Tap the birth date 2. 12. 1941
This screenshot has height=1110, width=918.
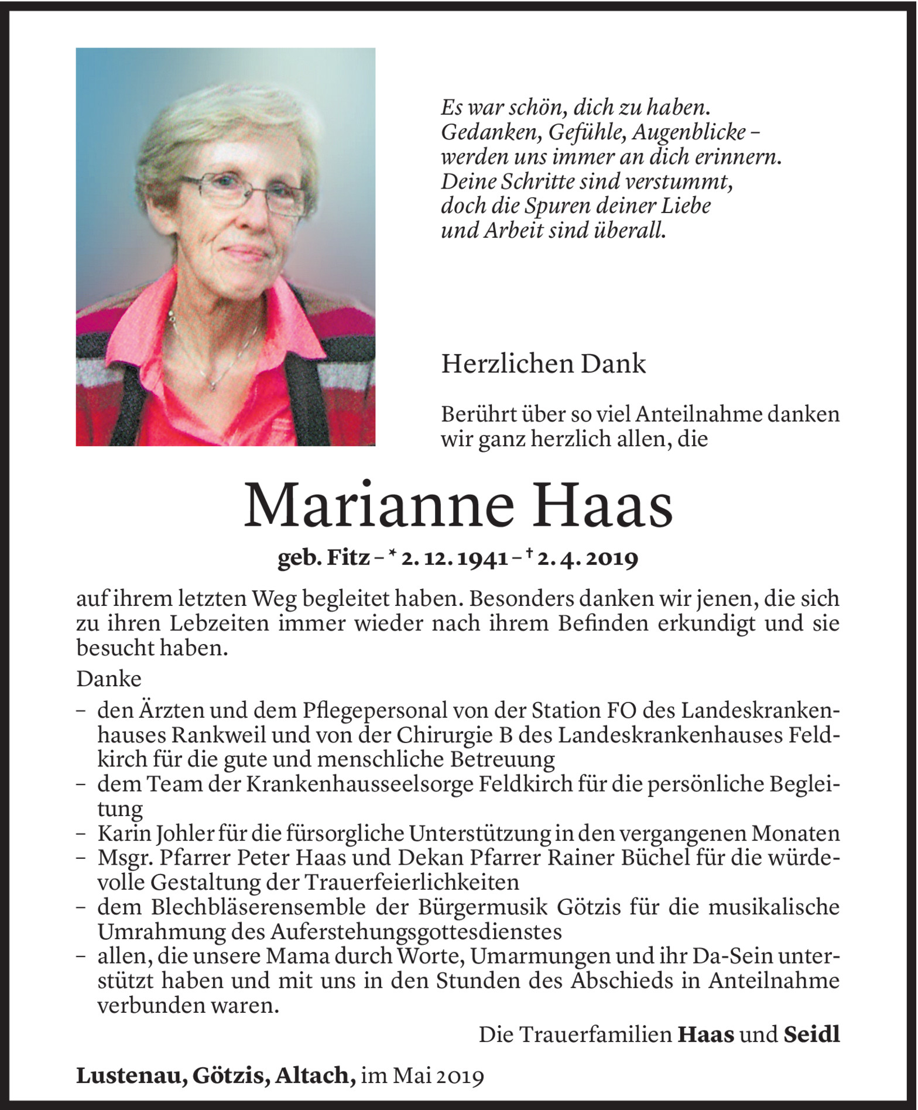pos(454,559)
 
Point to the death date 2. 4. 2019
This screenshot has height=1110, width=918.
pos(587,559)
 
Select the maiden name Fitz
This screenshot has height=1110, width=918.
pos(348,559)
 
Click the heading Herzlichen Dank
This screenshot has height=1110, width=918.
pos(543,364)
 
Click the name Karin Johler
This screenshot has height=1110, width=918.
pos(156,833)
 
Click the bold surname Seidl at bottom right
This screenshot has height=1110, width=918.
pos(811,1034)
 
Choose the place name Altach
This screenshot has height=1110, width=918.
pos(315,1075)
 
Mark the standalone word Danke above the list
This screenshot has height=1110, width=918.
pos(109,679)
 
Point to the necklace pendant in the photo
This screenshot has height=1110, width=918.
pos(213,385)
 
